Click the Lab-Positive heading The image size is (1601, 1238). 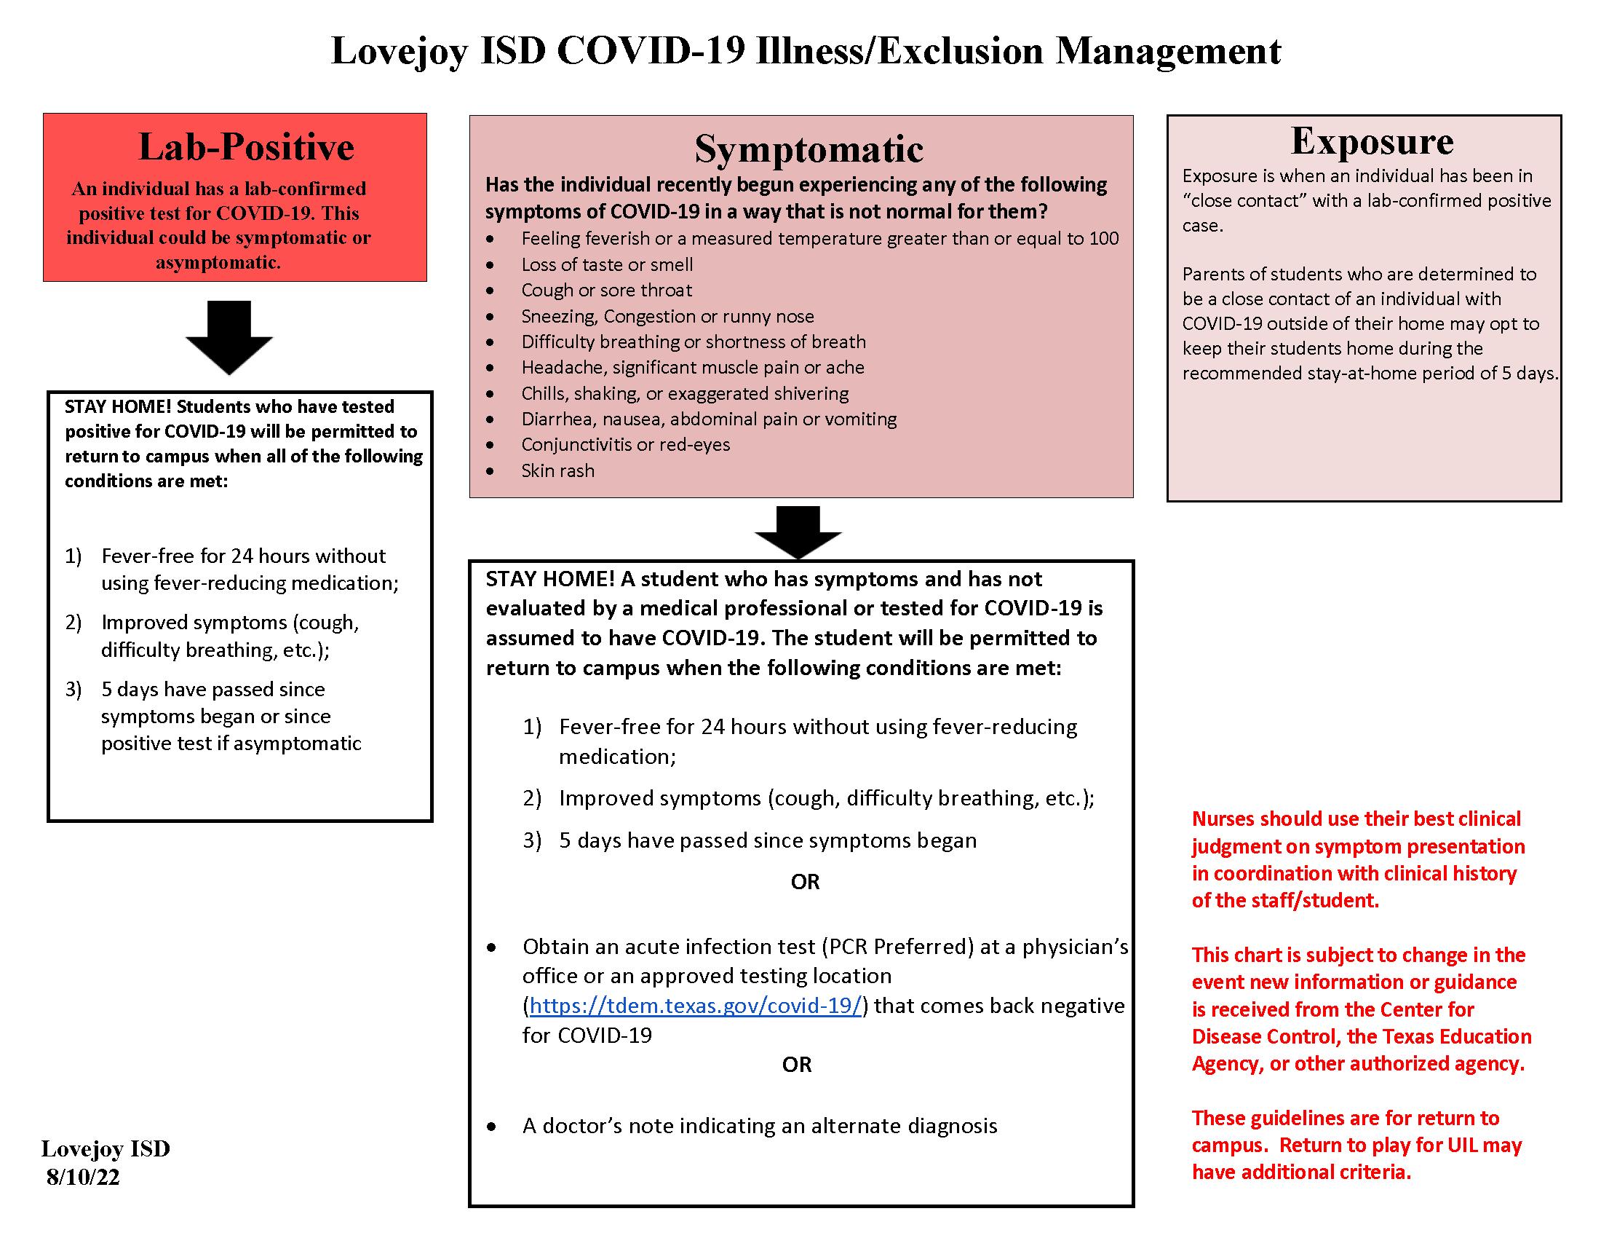[x=245, y=146]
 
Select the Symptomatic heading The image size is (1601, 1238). [x=809, y=149]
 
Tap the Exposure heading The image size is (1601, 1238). [x=1372, y=141]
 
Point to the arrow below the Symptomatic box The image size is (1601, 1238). [x=798, y=532]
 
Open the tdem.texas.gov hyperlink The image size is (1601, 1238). [x=695, y=1006]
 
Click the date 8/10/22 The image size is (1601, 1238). [x=83, y=1177]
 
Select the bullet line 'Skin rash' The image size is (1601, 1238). [x=557, y=471]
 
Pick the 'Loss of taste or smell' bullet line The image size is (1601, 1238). [x=606, y=265]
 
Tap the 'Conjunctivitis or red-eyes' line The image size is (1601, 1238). [x=625, y=445]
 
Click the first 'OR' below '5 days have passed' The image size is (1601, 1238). [x=805, y=883]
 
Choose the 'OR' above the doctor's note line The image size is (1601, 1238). [x=797, y=1065]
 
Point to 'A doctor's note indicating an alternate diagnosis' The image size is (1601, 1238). [x=760, y=1126]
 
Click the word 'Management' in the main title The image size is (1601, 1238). [x=1168, y=51]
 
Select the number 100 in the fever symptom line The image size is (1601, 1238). [x=1103, y=239]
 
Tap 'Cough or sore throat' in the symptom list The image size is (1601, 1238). [x=606, y=291]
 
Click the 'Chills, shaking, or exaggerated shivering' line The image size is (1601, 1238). [x=685, y=394]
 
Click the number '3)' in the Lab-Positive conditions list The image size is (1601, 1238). [x=74, y=690]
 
